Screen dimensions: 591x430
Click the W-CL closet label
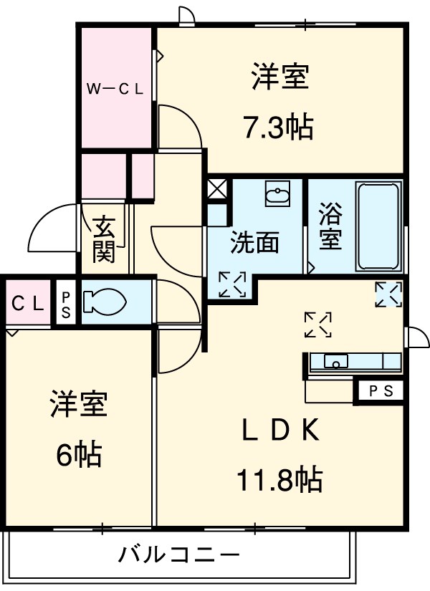115,90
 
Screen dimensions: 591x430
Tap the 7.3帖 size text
278,128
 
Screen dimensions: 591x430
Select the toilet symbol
105,302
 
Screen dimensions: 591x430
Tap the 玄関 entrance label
105,240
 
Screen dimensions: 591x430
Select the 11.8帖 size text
279,478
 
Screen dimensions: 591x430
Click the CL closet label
27,302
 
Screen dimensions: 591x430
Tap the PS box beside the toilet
66,302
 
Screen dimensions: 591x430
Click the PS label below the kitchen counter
380,391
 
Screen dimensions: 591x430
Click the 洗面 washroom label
254,244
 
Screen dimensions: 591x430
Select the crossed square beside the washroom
216,190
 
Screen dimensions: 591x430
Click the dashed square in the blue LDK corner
388,294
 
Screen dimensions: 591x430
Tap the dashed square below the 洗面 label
232,284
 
